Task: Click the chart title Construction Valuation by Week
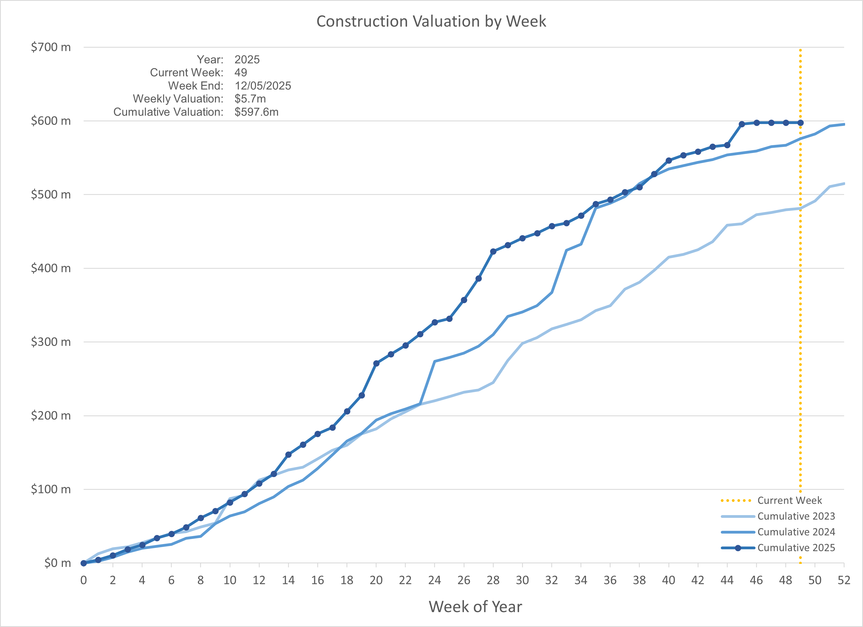(431, 21)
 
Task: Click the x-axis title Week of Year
(475, 606)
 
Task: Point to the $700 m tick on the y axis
(51, 47)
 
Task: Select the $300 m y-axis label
(51, 342)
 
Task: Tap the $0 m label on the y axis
(57, 563)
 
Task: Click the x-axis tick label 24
(435, 580)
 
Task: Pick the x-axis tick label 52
(844, 580)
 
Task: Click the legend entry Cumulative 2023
(796, 516)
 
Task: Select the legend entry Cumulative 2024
(796, 532)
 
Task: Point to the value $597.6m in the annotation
(256, 112)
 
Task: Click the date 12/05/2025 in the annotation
(263, 86)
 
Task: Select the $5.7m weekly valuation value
(250, 99)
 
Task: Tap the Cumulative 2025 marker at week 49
(800, 123)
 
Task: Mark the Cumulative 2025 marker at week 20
(376, 363)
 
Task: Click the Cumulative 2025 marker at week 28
(493, 251)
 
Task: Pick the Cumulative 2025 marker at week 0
(84, 563)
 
